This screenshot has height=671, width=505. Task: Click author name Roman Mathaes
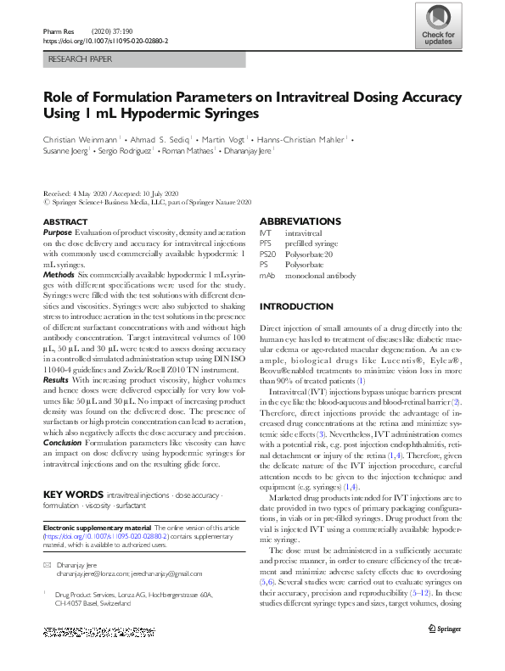coord(189,150)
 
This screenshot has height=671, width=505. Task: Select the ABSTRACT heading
coord(64,221)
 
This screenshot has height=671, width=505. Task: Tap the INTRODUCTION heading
coord(294,305)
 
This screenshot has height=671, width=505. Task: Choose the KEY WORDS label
coord(72,493)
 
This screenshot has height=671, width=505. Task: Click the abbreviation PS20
coord(268,254)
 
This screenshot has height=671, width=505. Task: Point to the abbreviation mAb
coord(267,276)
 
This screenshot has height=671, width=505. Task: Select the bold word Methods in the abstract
coord(59,275)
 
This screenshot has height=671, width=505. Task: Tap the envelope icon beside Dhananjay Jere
coord(47,564)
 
